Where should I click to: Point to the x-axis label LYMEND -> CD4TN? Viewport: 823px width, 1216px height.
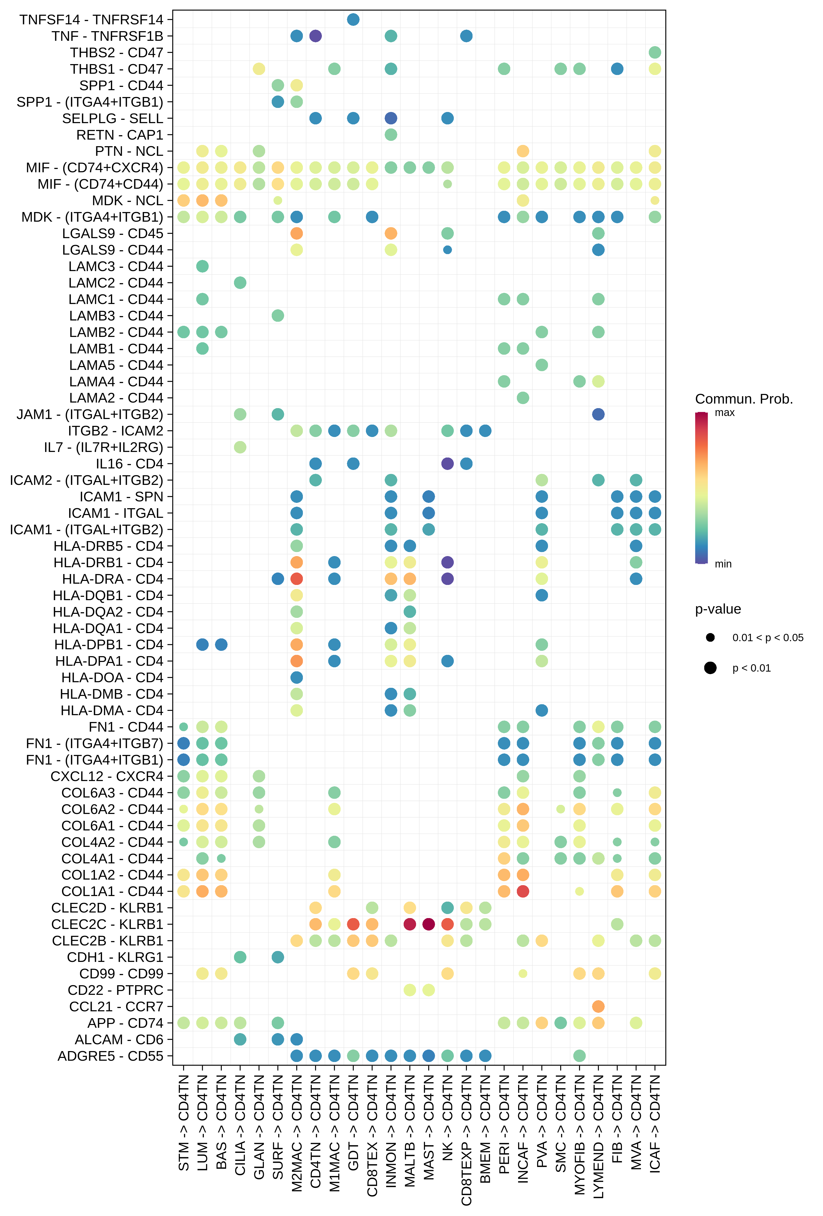point(598,1135)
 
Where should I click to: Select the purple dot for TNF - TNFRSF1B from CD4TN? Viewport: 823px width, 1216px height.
point(315,36)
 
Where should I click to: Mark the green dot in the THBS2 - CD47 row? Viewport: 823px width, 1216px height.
point(655,52)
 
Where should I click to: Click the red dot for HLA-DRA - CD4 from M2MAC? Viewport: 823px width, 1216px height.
point(297,579)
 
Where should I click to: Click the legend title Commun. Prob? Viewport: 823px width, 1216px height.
point(743,399)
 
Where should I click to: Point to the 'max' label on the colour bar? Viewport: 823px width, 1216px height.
point(725,413)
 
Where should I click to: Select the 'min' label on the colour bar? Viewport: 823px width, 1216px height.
point(723,564)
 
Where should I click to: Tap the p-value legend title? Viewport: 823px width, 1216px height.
point(718,609)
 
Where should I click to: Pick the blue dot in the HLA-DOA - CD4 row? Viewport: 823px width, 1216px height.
point(297,678)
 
